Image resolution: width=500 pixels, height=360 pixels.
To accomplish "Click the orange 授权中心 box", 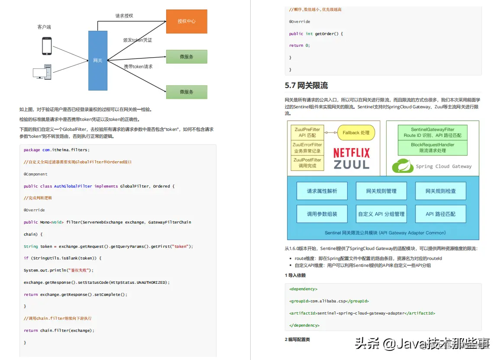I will (x=187, y=21).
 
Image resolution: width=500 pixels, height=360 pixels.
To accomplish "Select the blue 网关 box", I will (x=98, y=60).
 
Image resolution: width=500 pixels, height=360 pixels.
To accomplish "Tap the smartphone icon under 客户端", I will (x=47, y=46).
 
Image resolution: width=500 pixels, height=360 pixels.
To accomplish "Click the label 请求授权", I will (x=124, y=16).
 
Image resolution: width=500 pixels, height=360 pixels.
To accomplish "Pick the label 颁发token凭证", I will (x=138, y=40).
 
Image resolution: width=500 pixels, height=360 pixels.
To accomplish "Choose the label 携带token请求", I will (x=138, y=67).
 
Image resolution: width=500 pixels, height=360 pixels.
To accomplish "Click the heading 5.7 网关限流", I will (x=306, y=85).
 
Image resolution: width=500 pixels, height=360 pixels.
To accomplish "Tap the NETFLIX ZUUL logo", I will (x=351, y=159).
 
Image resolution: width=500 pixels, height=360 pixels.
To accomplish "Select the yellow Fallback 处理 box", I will (x=356, y=133).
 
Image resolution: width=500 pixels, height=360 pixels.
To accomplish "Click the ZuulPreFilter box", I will (x=307, y=132).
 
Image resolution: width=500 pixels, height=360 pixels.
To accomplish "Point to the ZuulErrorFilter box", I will (x=307, y=148).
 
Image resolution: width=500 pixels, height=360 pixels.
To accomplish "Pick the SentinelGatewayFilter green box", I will (x=432, y=132).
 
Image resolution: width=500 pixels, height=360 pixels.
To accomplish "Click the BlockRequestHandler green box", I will (x=432, y=148).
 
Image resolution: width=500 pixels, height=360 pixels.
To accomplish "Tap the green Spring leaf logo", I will (x=401, y=165).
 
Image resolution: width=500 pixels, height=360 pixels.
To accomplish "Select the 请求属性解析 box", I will (x=322, y=191).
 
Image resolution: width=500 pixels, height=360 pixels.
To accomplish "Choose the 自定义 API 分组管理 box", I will (x=381, y=214).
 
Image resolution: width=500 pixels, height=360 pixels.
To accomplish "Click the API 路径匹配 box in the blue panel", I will (x=440, y=214).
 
